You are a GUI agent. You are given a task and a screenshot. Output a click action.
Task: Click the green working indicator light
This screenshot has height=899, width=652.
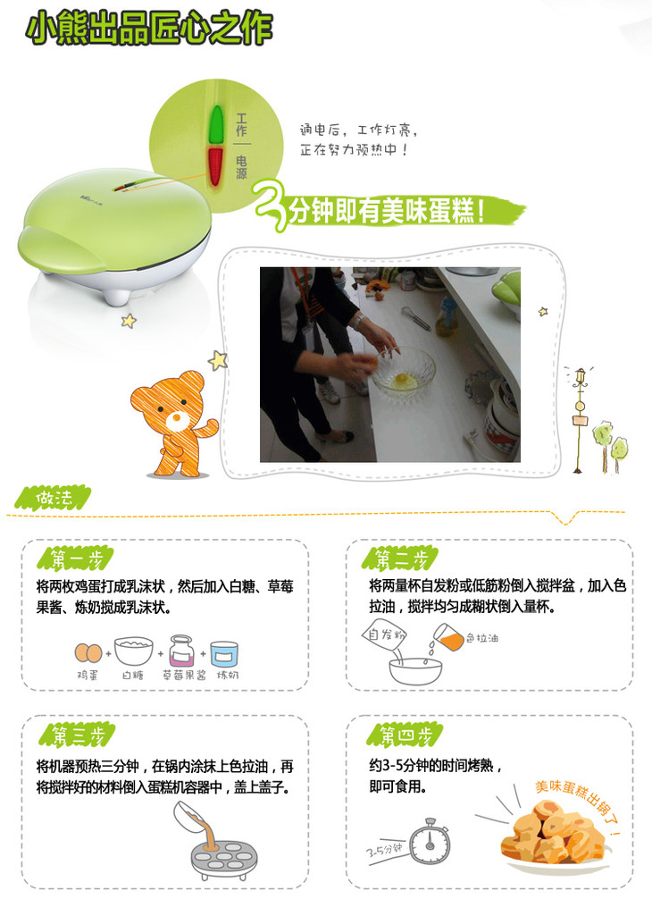point(216,123)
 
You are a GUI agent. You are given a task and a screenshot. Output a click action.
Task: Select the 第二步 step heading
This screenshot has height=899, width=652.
point(400,559)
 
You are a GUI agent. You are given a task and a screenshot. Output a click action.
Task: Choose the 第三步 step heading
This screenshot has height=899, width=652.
point(77,735)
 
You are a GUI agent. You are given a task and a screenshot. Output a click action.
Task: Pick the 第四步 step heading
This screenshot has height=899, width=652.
point(405,735)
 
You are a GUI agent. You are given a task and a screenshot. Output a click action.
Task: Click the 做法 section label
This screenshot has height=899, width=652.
point(53,498)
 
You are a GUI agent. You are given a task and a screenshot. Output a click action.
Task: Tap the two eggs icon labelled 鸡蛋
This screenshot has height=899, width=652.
point(88,652)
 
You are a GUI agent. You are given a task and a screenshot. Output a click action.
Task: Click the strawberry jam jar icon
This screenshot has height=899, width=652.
point(181,651)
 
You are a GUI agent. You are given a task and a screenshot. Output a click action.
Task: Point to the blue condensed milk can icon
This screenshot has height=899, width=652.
point(224,653)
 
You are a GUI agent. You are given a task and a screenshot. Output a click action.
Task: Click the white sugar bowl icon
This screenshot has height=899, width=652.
point(133,651)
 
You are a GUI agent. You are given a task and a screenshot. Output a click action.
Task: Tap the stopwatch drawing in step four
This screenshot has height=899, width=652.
point(430,841)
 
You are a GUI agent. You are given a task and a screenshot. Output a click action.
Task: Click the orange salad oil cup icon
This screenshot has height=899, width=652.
point(448,637)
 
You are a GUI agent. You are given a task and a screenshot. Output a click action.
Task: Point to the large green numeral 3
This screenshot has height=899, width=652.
point(271,206)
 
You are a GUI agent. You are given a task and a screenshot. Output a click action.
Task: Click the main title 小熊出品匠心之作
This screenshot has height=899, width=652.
point(149,28)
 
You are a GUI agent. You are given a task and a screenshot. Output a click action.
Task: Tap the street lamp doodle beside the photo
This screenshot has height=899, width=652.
point(581,418)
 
